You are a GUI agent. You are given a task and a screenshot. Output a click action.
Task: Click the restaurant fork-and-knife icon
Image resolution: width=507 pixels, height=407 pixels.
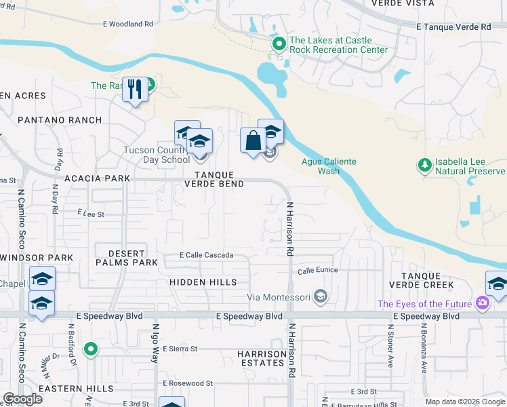tap(135, 89)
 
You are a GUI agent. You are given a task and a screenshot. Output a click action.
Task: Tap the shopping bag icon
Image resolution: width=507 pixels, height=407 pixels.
tap(253, 140)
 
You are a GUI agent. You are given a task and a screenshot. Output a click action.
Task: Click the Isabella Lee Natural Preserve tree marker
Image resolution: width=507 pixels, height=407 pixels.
tap(424, 165)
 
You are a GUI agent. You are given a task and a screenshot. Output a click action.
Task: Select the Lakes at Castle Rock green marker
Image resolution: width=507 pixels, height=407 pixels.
tap(279, 44)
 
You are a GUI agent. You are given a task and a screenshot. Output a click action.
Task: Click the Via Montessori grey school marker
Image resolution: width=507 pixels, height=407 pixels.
tap(321, 296)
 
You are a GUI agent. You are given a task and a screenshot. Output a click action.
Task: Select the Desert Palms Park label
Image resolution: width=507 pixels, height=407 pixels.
tap(127, 257)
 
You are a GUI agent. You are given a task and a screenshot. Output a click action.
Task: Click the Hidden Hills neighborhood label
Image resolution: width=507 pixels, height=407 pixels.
tap(203, 282)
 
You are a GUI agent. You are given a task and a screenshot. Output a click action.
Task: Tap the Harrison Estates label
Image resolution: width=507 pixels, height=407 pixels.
tap(261, 358)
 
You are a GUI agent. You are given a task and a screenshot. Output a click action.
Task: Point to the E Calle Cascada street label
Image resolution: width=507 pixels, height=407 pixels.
tap(206, 255)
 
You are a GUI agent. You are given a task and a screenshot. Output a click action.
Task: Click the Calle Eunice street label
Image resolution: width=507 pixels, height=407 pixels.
tap(317, 271)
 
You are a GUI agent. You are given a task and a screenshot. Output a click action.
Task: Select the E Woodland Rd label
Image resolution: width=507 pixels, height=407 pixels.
tap(128, 24)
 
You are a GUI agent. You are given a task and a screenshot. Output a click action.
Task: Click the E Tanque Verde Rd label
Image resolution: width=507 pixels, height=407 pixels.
tap(453, 26)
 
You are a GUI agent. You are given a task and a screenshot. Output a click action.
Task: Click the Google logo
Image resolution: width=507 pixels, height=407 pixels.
tap(22, 399)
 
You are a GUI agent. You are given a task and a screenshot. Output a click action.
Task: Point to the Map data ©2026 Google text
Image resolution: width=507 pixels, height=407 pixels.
tap(464, 402)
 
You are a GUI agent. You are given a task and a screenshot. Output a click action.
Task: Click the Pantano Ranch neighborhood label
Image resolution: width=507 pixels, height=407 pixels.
tap(60, 120)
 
